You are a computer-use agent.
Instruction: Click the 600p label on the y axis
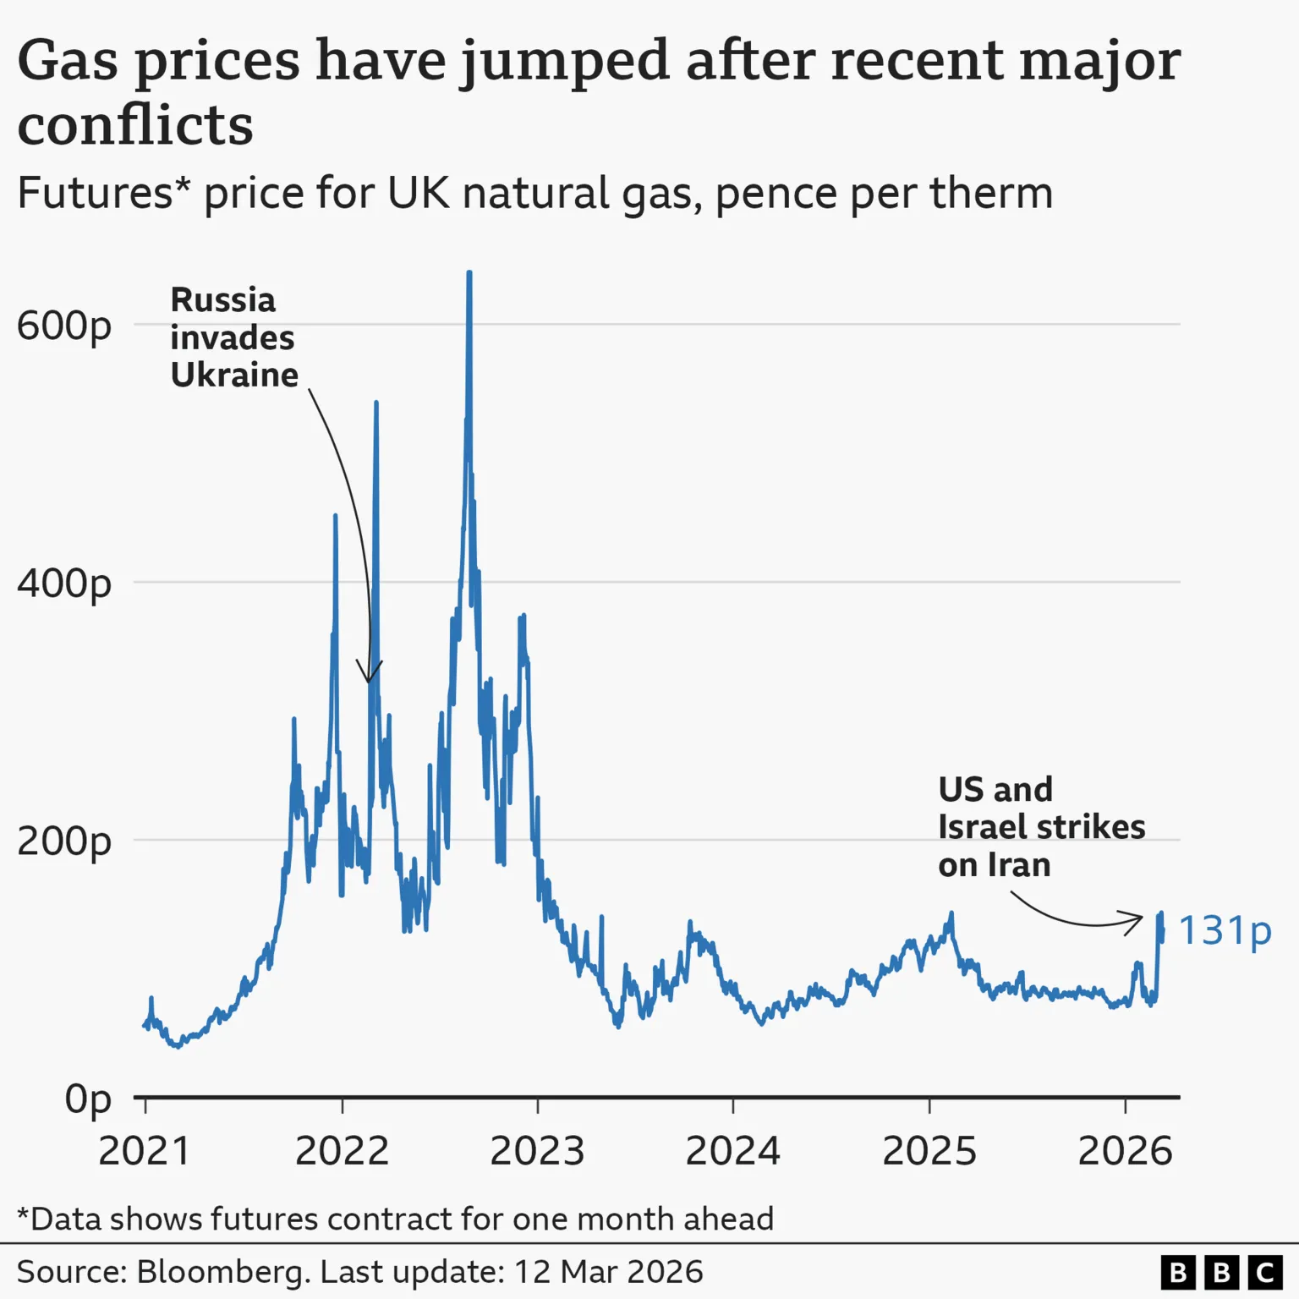click(63, 326)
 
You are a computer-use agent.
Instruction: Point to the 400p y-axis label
click(63, 584)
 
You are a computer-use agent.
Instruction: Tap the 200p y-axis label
click(63, 841)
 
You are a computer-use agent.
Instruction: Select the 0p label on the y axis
click(88, 1099)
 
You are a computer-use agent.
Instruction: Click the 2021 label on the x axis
click(145, 1151)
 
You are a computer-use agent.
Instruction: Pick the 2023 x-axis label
click(537, 1151)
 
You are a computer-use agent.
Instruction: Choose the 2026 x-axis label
click(1125, 1151)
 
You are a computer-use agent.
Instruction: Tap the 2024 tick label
click(732, 1151)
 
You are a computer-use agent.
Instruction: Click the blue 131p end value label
click(1225, 930)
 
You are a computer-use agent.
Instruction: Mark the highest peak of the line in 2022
click(469, 274)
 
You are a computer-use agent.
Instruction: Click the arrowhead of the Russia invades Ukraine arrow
click(369, 679)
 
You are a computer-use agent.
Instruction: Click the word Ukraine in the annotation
click(234, 375)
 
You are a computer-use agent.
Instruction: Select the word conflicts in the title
click(135, 125)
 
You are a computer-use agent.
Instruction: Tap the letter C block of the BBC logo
click(1265, 1273)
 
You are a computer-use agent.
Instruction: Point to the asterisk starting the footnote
click(23, 1216)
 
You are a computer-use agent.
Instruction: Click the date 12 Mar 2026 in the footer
click(608, 1272)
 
